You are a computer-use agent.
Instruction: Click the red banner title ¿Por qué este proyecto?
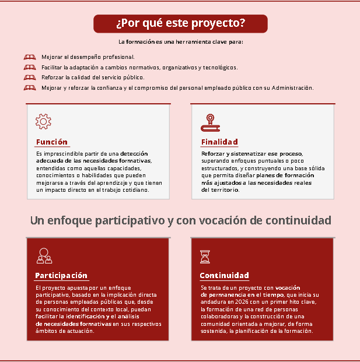[180, 24]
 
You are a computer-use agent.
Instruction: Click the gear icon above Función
[43, 121]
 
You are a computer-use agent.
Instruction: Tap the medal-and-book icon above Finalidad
[209, 121]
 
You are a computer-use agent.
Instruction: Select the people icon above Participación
[44, 255]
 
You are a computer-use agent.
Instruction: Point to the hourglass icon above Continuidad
[205, 256]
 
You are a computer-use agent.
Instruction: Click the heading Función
[51, 142]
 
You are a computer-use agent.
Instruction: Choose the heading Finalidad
[219, 142]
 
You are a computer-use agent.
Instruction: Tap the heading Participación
[61, 275]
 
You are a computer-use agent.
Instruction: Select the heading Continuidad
[224, 275]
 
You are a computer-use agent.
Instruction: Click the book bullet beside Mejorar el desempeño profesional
[30, 57]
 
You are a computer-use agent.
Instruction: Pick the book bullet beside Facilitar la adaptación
[30, 68]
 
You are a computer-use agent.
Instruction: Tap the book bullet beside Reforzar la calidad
[30, 78]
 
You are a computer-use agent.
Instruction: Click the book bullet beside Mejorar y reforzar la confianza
[30, 88]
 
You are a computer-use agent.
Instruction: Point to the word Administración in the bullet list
[289, 88]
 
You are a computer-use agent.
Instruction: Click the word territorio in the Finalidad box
[224, 190]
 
